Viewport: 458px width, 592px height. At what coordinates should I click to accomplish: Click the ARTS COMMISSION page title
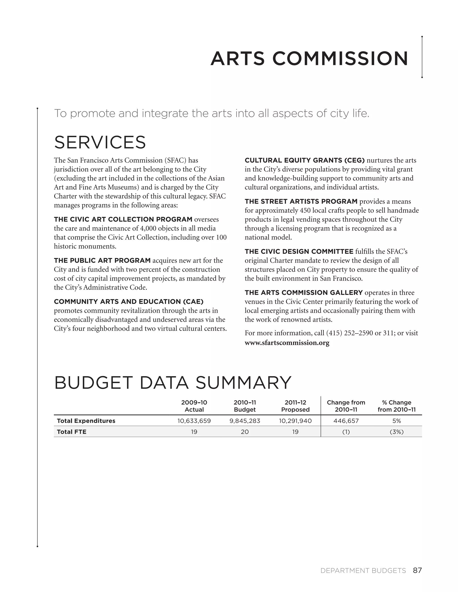point(309,59)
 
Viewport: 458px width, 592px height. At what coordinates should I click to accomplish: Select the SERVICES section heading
point(100,142)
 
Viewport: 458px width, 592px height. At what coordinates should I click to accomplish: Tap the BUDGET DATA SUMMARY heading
point(173,383)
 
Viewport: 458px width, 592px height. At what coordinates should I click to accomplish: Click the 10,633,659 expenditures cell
point(194,421)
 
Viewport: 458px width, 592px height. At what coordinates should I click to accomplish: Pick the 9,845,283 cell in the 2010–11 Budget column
point(244,421)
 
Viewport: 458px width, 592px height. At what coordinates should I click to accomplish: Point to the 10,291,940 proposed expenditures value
point(295,421)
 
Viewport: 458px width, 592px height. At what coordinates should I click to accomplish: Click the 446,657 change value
point(346,421)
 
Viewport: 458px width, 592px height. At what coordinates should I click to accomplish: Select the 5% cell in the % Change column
point(397,421)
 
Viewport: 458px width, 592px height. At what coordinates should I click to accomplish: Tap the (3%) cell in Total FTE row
point(397,432)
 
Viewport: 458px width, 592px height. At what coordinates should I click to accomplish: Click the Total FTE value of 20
point(244,432)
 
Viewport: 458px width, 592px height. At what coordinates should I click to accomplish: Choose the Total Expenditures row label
point(86,421)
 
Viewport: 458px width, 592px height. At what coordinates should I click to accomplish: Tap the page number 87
point(417,570)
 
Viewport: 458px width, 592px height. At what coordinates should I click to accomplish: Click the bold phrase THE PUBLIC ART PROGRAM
point(102,260)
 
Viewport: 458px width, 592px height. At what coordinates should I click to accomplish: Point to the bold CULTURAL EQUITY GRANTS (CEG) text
point(304,160)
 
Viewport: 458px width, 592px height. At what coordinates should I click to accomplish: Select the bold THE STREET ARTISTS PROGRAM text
point(301,202)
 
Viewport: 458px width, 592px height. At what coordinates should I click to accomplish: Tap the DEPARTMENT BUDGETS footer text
point(363,571)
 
